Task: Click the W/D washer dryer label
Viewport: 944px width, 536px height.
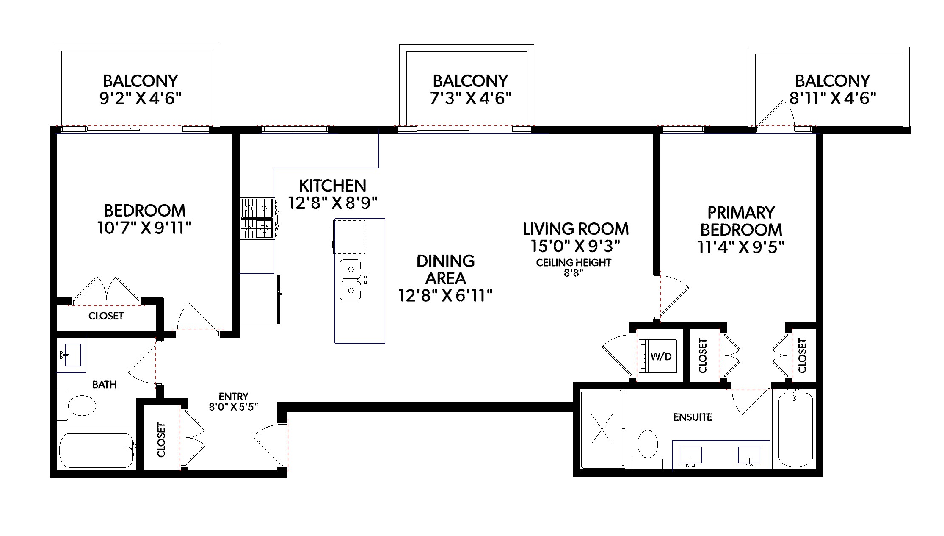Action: pos(661,356)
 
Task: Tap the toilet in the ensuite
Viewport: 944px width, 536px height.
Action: pos(648,449)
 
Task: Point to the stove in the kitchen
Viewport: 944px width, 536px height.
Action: pos(258,219)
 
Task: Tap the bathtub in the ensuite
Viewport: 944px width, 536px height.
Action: pos(795,429)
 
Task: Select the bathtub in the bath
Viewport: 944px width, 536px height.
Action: pos(97,450)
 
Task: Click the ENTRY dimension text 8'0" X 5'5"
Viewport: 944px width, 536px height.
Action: pos(233,407)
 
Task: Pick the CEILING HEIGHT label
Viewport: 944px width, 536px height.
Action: pos(574,263)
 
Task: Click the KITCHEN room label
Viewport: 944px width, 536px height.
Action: pos(332,186)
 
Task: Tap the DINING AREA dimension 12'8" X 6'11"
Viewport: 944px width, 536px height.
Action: pos(445,295)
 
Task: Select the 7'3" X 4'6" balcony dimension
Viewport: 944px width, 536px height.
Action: pos(471,98)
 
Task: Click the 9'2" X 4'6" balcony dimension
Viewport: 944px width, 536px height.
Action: pos(141,98)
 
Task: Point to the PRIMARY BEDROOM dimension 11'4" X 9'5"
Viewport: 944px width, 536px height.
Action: pos(741,247)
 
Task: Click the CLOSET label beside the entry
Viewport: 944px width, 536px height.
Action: pos(161,440)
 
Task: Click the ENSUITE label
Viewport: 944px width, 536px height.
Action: pos(693,417)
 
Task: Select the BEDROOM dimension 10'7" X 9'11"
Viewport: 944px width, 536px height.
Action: pos(144,228)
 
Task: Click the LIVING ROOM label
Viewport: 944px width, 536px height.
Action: pos(576,229)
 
